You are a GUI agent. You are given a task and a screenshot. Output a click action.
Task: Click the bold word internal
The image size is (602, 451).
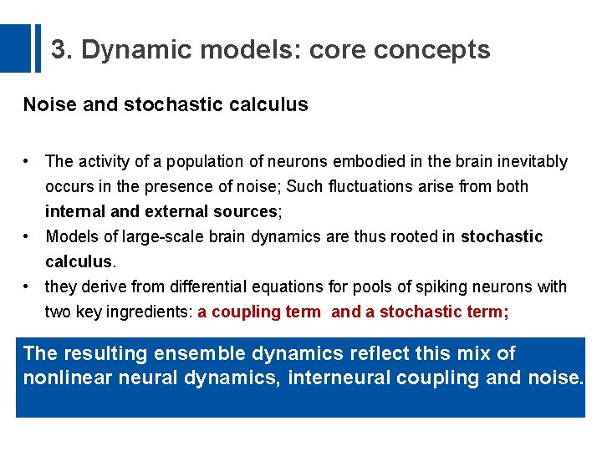[x=75, y=211]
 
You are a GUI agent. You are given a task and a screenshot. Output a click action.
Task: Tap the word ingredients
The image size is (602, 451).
[x=152, y=312]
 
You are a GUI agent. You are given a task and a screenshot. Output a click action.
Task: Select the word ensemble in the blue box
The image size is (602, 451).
[x=195, y=354]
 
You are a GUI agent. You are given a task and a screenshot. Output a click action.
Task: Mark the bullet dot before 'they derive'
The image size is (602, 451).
[x=28, y=286]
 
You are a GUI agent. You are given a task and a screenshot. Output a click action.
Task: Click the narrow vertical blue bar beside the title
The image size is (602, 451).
[x=37, y=48]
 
